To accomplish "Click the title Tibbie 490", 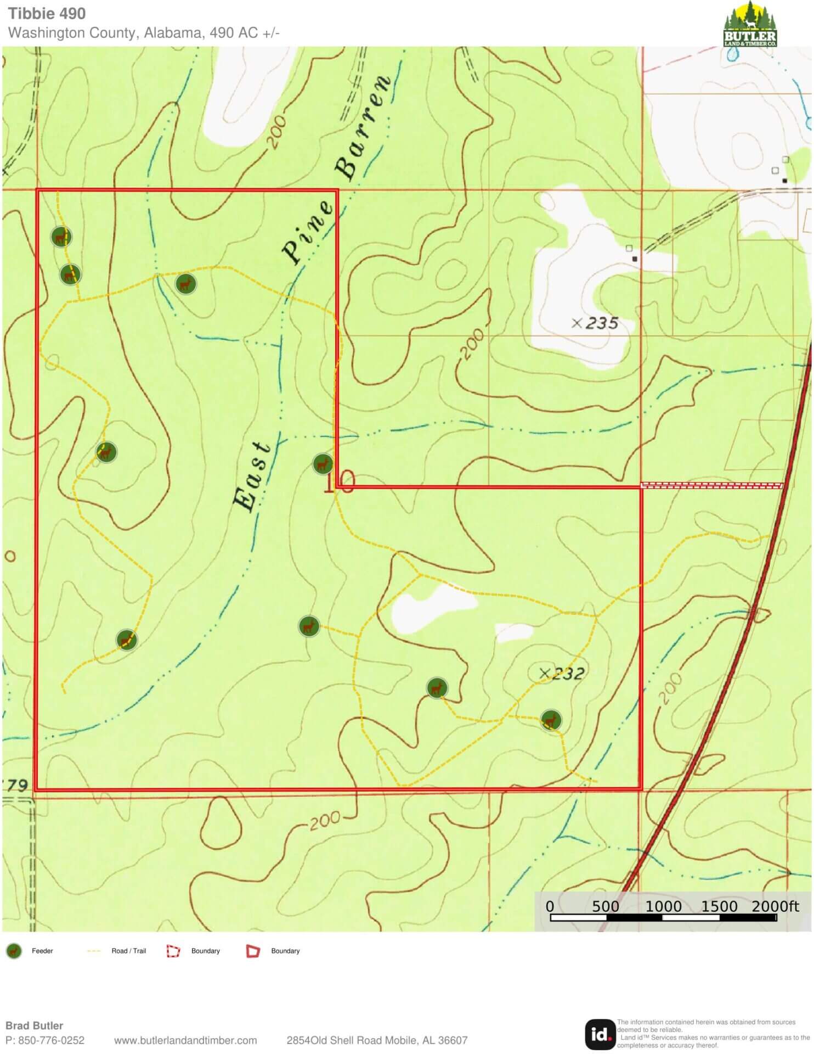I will point(47,13).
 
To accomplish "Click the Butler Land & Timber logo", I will point(750,24).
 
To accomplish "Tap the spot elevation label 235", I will point(602,323).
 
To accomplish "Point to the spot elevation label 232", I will point(568,674).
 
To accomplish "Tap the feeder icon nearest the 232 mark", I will point(551,720).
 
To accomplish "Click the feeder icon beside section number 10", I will point(323,464).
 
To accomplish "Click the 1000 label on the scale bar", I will point(663,906).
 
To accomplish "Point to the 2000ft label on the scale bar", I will point(775,906).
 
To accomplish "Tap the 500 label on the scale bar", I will point(606,906).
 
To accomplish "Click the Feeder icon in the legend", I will point(14,951).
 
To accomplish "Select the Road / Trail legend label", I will point(128,951).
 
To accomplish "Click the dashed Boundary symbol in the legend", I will point(173,951).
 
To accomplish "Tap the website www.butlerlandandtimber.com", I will point(185,1040).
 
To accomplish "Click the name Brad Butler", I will point(34,1025).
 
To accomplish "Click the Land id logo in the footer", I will point(600,1034).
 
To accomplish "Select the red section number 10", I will point(340,482).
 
